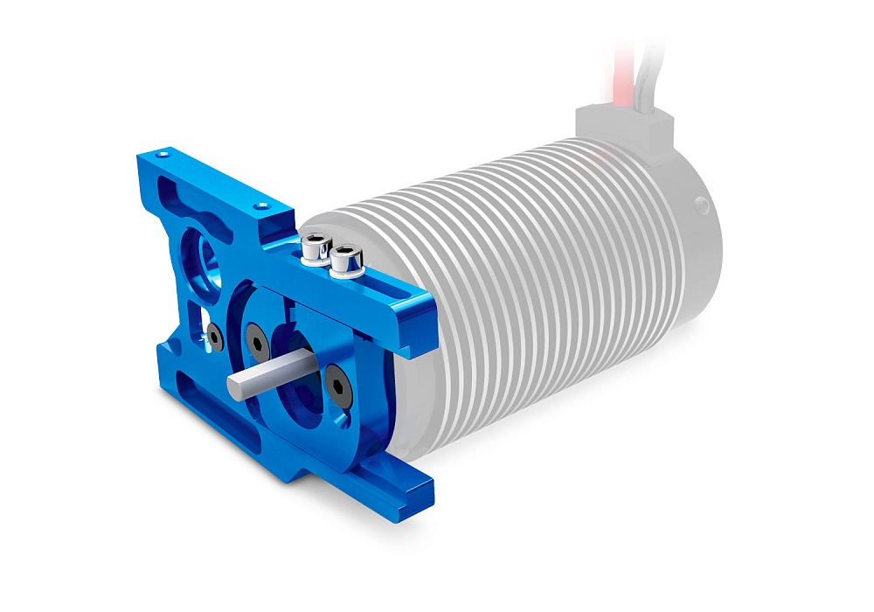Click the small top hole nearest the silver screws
(260, 206)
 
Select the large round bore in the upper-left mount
(204, 254)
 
